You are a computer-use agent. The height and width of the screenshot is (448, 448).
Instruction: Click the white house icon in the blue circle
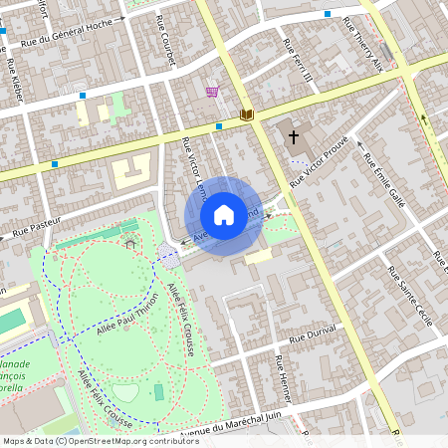[x=224, y=214]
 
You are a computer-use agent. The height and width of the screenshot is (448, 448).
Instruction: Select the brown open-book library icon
[x=246, y=114]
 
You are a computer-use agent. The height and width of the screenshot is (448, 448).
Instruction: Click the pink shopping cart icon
[x=212, y=92]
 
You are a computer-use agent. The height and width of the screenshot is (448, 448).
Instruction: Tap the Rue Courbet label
[x=166, y=41]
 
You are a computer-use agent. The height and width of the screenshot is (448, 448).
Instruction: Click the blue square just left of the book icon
[x=218, y=126]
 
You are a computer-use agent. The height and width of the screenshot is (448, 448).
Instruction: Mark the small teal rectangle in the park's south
[x=158, y=392]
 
